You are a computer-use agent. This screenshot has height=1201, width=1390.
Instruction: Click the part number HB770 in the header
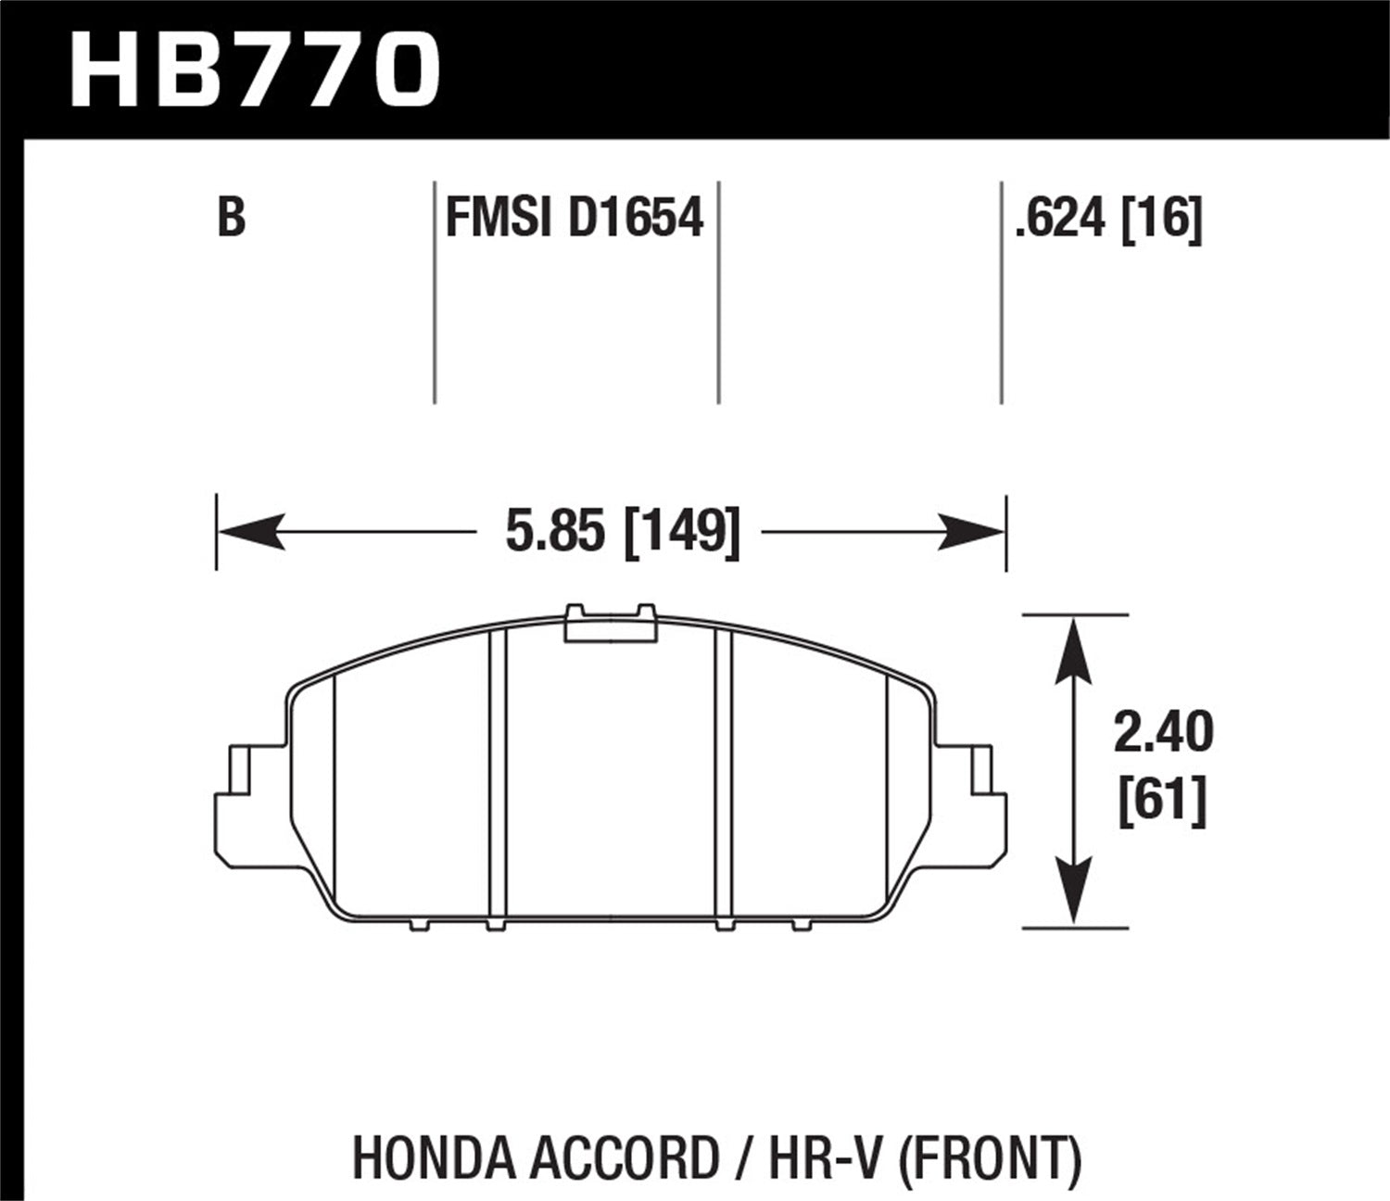(x=253, y=68)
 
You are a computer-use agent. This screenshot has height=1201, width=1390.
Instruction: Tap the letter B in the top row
(x=232, y=220)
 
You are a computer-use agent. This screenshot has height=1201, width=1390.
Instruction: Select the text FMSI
(x=499, y=220)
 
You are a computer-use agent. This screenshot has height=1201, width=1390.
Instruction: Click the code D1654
(x=635, y=220)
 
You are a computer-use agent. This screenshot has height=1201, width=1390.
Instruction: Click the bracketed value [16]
(x=1162, y=220)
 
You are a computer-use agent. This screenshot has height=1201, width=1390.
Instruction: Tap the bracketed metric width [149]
(x=683, y=533)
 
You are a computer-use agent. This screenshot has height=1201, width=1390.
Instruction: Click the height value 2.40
(x=1163, y=733)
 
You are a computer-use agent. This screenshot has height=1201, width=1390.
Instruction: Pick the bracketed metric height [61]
(x=1163, y=800)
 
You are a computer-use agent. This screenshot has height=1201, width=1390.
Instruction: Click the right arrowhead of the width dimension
(x=973, y=532)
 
